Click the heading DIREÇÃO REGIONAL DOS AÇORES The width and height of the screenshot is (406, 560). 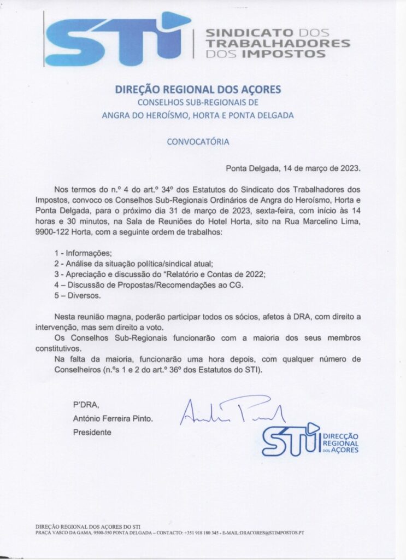click(198, 89)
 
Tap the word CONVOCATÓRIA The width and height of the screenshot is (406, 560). click(198, 141)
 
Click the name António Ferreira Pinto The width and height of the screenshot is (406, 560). click(113, 418)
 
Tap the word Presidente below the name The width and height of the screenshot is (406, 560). click(92, 432)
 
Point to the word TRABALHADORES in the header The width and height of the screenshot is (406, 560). click(277, 43)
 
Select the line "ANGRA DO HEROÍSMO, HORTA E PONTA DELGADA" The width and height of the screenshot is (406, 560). click(198, 115)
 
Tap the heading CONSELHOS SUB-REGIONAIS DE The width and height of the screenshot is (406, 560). click(198, 102)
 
